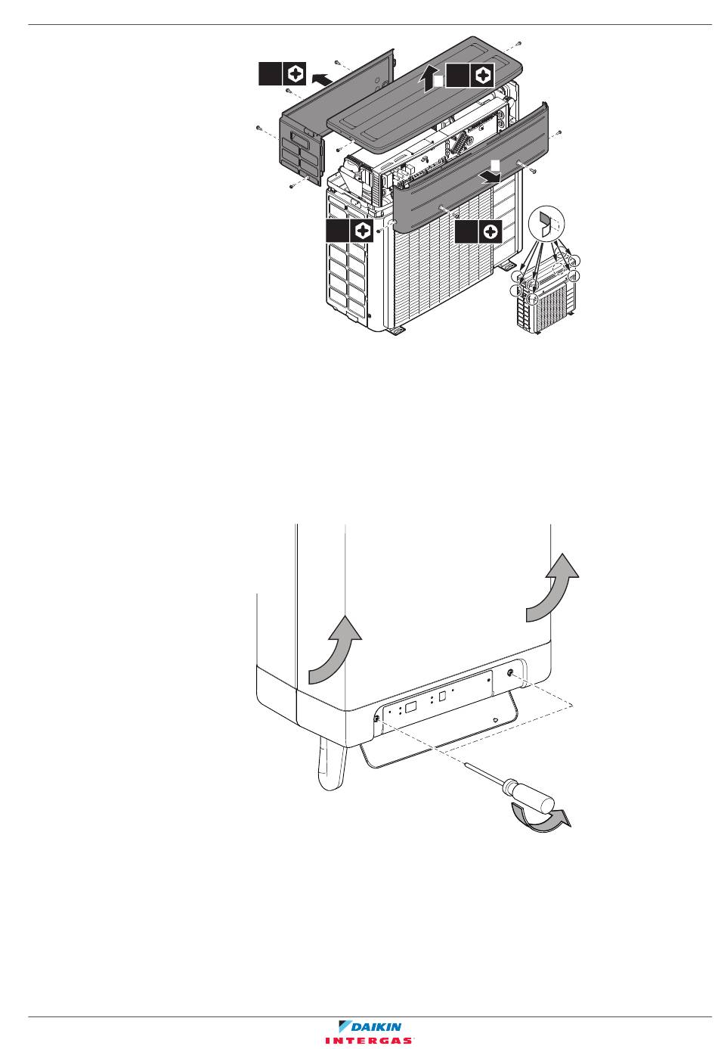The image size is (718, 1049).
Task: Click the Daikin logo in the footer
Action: pos(370,1026)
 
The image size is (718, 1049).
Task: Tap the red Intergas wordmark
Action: pos(370,1041)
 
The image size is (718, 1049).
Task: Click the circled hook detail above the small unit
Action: pos(545,222)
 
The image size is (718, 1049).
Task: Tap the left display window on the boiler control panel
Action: pos(410,707)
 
